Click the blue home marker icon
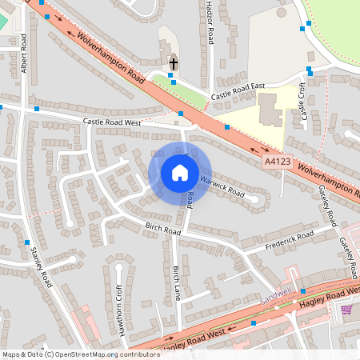pyautogui.click(x=180, y=172)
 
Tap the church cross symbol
pyautogui.click(x=173, y=62)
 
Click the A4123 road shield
pyautogui.click(x=278, y=162)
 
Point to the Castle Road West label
pyautogui.click(x=112, y=122)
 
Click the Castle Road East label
pyautogui.click(x=237, y=94)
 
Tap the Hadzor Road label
pyautogui.click(x=210, y=24)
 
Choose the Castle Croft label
pyautogui.click(x=303, y=104)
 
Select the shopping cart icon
pyautogui.click(x=346, y=310)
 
